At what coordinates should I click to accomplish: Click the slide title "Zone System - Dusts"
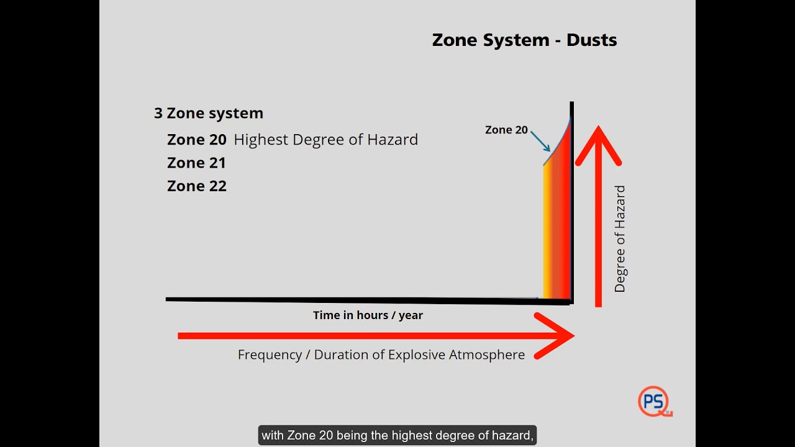[x=524, y=40]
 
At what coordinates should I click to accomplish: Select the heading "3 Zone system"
[x=209, y=113]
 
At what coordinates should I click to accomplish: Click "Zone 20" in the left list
[x=196, y=140]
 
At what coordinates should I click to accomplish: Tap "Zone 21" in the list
[x=196, y=163]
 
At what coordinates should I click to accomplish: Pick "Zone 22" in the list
[x=196, y=186]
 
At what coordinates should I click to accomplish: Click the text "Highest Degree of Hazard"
[x=325, y=140]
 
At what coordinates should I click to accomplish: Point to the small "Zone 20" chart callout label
[x=506, y=130]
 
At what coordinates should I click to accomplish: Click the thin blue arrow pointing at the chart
[x=540, y=142]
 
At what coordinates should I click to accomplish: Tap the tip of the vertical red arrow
[x=598, y=129]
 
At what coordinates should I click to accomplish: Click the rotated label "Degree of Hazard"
[x=620, y=239]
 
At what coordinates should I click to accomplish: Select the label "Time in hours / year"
[x=368, y=315]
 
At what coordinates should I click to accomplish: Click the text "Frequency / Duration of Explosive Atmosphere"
[x=381, y=355]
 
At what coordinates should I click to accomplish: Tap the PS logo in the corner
[x=654, y=401]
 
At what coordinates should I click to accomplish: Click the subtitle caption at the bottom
[x=397, y=435]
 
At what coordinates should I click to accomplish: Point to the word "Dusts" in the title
[x=591, y=40]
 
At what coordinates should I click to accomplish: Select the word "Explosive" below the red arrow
[x=417, y=355]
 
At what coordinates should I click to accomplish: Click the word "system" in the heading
[x=236, y=113]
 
